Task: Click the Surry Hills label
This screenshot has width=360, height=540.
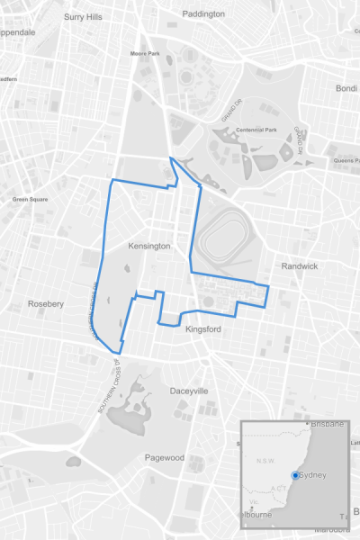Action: point(85,16)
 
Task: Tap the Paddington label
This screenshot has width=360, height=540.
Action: point(203,14)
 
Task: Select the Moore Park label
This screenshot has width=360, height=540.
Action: point(145,53)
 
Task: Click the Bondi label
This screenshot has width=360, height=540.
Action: point(346,88)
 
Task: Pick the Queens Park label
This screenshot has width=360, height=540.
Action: point(346,161)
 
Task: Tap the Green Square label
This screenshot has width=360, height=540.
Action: point(31,199)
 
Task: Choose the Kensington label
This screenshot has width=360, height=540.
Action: point(149,246)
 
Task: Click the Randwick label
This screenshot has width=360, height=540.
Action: point(299,266)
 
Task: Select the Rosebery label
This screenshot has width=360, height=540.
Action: point(46,304)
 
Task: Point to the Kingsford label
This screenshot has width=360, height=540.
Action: point(202,329)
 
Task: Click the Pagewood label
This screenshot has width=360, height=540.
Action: point(165,457)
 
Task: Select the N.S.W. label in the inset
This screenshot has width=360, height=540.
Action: point(265,461)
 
